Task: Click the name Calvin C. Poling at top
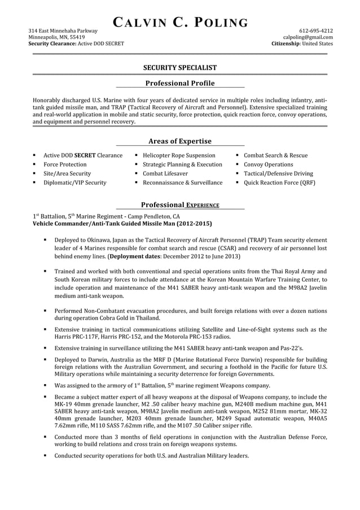[x=180, y=23]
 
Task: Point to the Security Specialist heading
[x=180, y=67]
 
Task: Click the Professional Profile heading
[x=180, y=83]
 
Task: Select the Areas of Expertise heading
[x=180, y=141]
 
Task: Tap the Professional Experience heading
[x=180, y=204]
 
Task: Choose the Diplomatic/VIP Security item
[x=74, y=182]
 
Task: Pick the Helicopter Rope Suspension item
[x=179, y=155]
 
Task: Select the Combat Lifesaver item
[x=165, y=173]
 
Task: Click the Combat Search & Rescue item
[x=275, y=155]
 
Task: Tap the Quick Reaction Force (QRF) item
[x=279, y=182]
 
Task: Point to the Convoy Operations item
[x=268, y=164]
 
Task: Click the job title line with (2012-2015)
[x=122, y=224]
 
